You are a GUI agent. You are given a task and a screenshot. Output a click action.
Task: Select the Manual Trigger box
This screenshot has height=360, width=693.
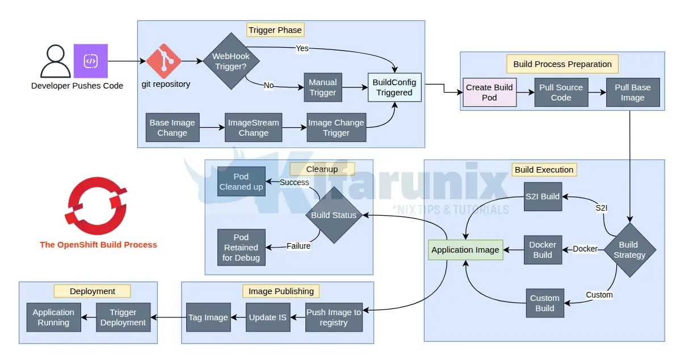(x=323, y=87)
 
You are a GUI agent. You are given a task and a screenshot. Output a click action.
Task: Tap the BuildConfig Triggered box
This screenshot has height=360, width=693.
(x=394, y=87)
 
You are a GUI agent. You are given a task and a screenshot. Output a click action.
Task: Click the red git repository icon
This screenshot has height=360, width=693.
(x=163, y=61)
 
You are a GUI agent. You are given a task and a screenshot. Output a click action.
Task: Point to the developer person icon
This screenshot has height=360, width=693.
(x=55, y=61)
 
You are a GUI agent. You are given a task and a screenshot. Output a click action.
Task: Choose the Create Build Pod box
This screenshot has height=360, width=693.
(x=489, y=93)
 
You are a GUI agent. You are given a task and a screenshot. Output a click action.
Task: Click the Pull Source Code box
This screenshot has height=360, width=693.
(x=561, y=93)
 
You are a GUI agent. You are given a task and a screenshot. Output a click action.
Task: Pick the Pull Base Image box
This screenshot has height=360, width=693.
(x=633, y=93)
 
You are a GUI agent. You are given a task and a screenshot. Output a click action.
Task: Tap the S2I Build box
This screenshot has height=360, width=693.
(x=542, y=196)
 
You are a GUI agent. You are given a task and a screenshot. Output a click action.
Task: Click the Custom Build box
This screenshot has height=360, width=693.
(x=545, y=303)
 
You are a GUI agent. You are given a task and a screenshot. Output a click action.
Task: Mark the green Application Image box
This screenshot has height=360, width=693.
(x=465, y=250)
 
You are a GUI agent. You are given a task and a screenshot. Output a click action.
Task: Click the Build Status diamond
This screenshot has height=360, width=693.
(x=334, y=215)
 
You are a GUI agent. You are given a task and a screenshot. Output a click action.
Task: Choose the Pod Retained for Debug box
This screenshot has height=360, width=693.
(x=241, y=248)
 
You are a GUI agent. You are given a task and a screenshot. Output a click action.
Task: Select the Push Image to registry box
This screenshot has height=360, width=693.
(x=334, y=317)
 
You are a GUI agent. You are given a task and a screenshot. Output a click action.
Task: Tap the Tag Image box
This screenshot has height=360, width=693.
(x=208, y=317)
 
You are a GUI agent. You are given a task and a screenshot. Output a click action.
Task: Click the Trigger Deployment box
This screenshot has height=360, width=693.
(x=123, y=317)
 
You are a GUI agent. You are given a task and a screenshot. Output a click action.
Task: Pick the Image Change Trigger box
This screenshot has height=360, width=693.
(x=337, y=128)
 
